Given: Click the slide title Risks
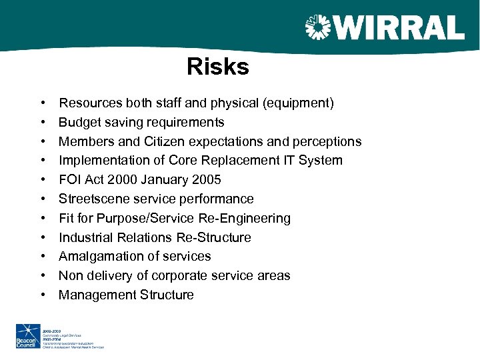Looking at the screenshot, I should click(x=218, y=67).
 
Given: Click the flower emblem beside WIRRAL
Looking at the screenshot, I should click(x=318, y=28).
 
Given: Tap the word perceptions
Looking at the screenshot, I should click(x=324, y=141).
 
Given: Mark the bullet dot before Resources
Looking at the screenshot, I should click(x=42, y=103).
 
